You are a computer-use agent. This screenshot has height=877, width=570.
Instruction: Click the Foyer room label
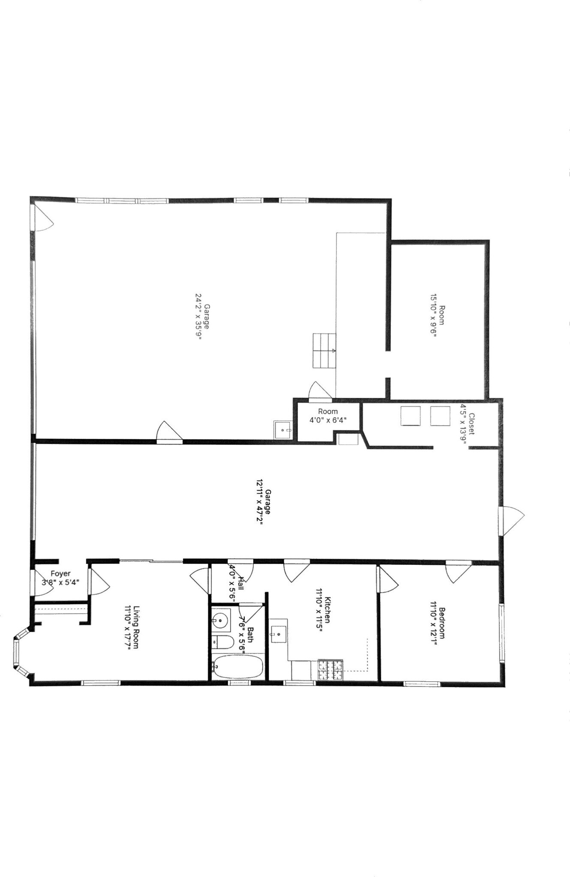[60, 574]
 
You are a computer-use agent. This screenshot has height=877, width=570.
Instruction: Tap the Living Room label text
[136, 627]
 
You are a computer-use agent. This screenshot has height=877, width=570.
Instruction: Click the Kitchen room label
[328, 610]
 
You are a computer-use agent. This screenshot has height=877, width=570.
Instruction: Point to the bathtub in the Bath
[237, 667]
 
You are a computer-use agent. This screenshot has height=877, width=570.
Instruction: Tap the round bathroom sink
[221, 619]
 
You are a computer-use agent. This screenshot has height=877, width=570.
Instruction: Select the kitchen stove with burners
[330, 670]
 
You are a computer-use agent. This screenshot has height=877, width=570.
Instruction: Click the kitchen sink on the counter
[279, 632]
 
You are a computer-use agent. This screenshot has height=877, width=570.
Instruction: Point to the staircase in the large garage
[324, 351]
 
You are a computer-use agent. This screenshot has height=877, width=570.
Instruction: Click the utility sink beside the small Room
[283, 430]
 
